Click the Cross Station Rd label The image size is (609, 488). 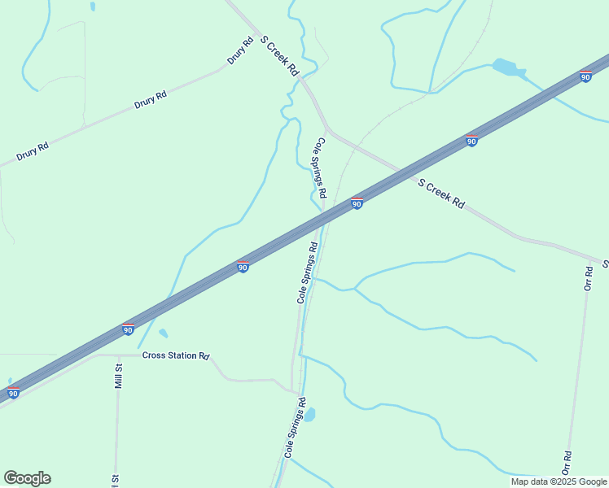(x=176, y=355)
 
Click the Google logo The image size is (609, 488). (x=27, y=478)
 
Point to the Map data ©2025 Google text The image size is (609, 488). (x=559, y=481)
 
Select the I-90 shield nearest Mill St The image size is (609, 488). (x=128, y=329)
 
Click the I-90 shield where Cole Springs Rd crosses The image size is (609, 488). (x=357, y=203)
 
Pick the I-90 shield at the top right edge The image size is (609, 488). (x=586, y=76)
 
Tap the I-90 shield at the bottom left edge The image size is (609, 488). (x=13, y=394)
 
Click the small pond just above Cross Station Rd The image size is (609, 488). (x=164, y=333)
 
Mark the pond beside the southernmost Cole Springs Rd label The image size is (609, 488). (x=309, y=415)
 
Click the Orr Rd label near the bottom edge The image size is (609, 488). (x=567, y=463)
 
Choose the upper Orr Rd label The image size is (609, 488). (x=589, y=277)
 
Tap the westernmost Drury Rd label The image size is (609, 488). (x=33, y=151)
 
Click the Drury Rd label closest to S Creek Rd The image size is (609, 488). (x=241, y=50)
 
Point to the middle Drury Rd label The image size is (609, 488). (x=150, y=100)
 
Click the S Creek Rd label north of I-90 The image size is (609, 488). (x=279, y=55)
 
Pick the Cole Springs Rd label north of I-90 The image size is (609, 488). (x=321, y=168)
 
